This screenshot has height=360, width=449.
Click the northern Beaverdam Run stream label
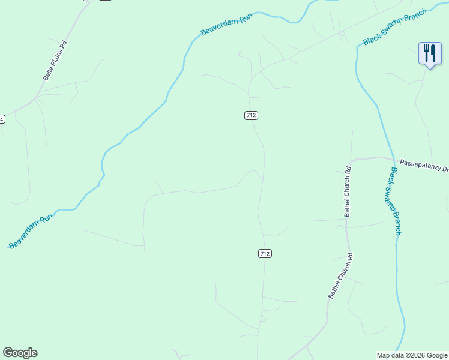(x=226, y=25)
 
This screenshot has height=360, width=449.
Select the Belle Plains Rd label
(x=55, y=61)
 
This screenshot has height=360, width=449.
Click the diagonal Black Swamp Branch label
(x=395, y=26)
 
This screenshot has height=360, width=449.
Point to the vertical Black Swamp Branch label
(x=395, y=200)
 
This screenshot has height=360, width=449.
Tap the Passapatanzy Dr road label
(x=424, y=163)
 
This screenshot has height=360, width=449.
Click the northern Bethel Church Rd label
(x=347, y=191)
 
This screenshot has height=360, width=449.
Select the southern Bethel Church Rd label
(x=340, y=275)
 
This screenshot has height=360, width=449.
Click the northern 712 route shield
(x=252, y=115)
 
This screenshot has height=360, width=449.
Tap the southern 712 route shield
(x=265, y=254)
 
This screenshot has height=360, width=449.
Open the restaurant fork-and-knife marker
(x=430, y=53)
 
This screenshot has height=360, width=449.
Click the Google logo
(x=20, y=353)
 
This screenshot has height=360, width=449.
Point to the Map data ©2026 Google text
(x=412, y=355)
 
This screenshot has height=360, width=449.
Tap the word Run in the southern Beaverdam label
(x=47, y=218)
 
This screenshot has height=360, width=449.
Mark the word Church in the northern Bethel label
(x=347, y=190)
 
